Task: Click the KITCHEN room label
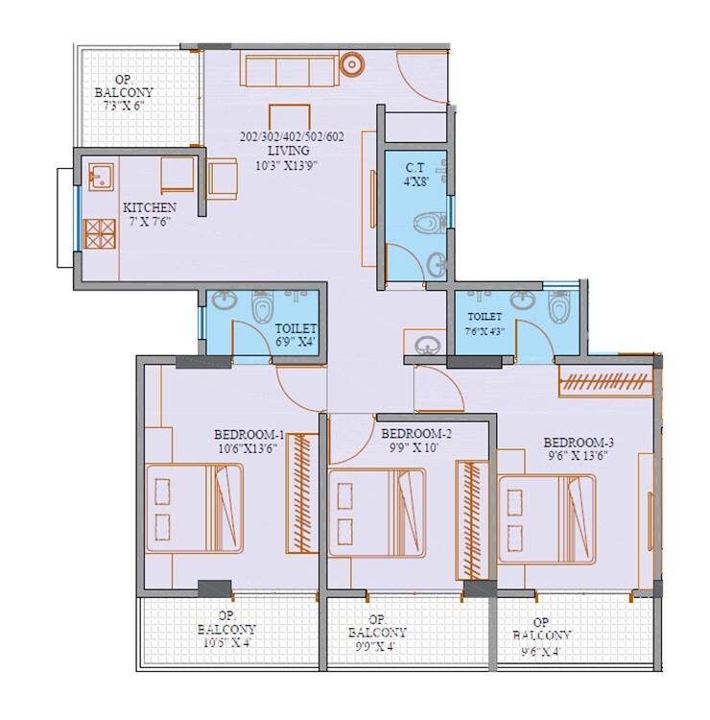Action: (149, 207)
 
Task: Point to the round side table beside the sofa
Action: (352, 65)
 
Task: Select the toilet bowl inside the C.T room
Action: (428, 225)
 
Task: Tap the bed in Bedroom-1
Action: (194, 508)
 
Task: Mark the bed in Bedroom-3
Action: (546, 518)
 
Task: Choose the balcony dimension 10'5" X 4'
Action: (227, 643)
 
